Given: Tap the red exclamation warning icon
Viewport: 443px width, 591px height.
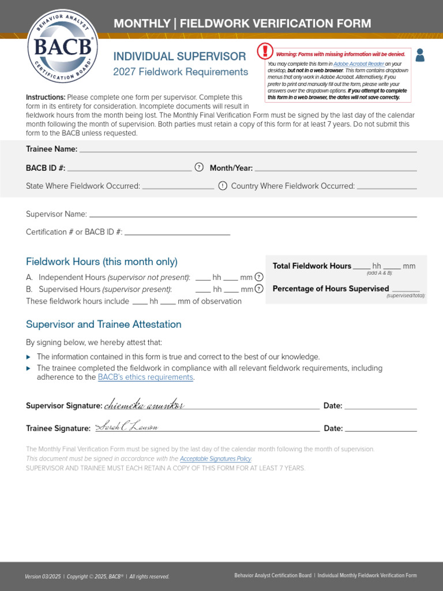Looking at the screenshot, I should tap(265, 52).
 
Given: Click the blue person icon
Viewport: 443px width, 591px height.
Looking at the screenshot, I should tap(420, 55).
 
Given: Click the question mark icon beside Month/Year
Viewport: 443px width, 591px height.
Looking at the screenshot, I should tap(199, 167).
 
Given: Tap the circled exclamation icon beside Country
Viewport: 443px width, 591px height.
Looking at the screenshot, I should tap(223, 186).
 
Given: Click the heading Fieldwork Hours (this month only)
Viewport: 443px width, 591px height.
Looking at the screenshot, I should tap(102, 261).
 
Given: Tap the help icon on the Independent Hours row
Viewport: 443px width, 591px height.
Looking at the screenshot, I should tap(259, 277).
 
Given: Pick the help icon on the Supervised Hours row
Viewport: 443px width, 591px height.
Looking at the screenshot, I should tap(259, 289).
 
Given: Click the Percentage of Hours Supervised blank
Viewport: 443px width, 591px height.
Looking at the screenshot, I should tap(406, 289).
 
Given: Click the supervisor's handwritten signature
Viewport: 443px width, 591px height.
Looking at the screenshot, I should tap(144, 405).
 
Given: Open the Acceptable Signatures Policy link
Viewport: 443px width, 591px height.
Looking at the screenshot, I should tap(216, 459).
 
